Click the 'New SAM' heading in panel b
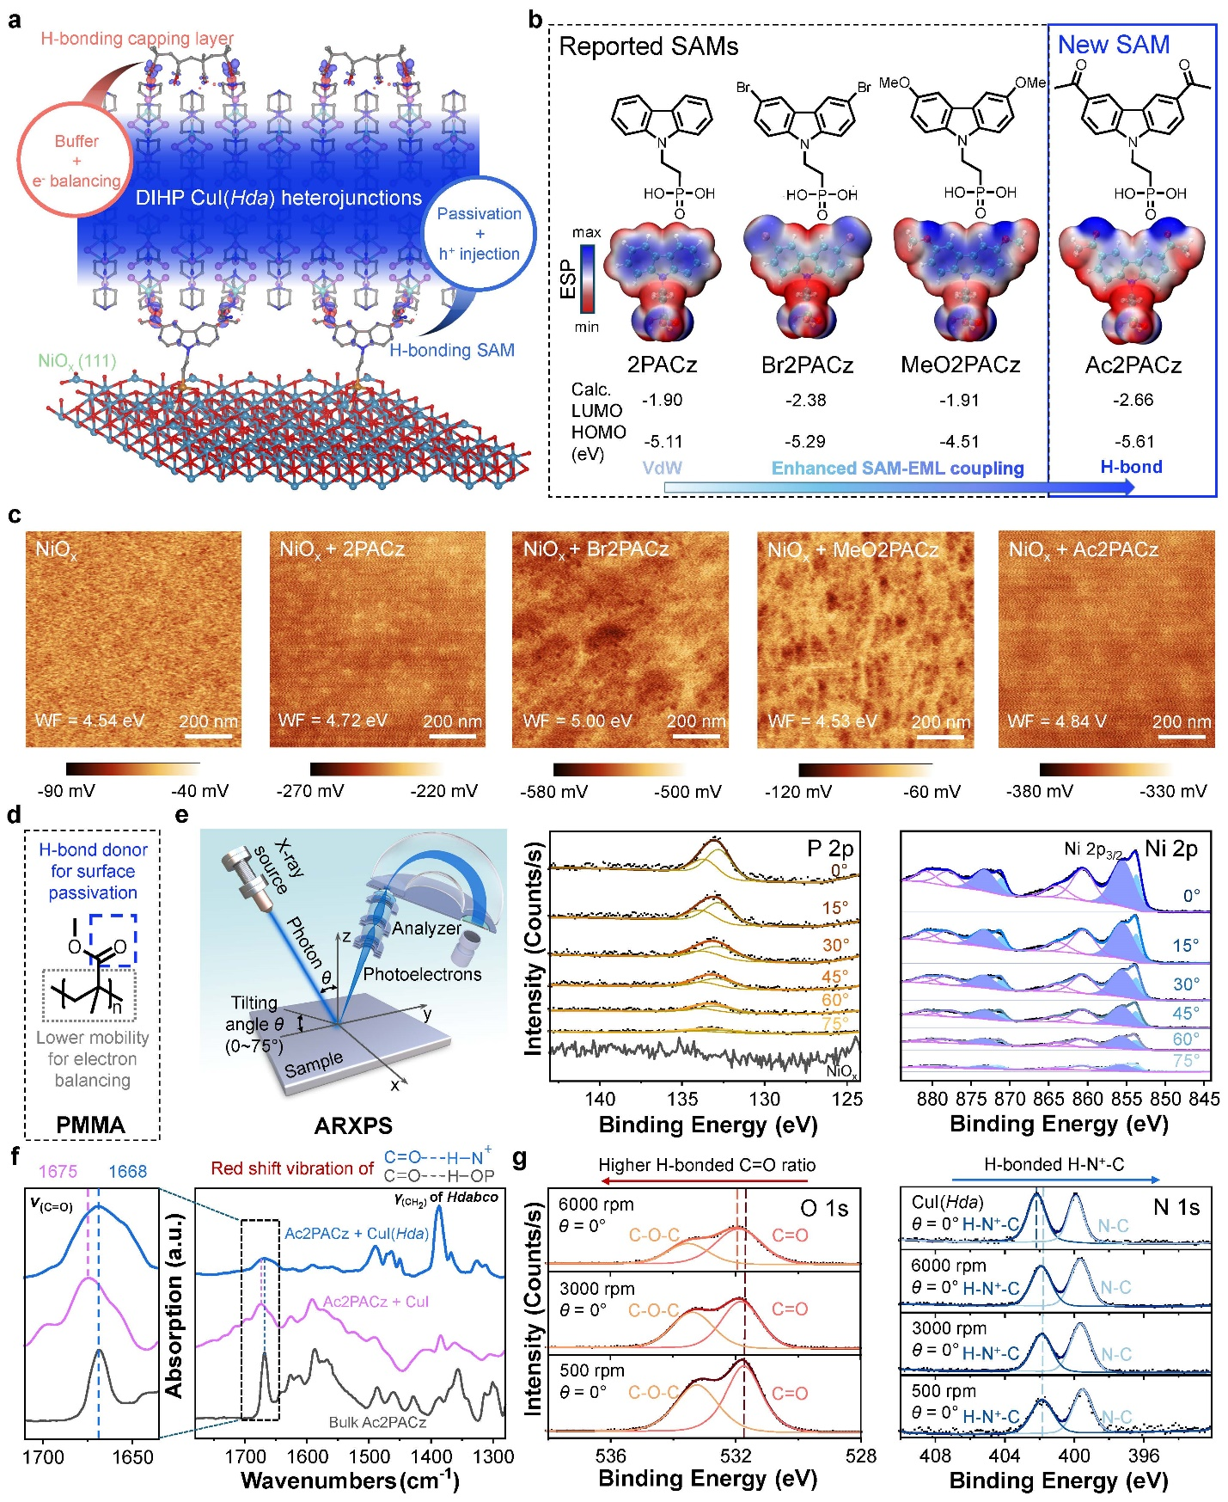1113,45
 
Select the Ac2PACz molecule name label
1133,365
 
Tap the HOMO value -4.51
959,441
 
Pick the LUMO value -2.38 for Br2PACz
805,400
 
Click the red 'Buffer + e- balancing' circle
76,161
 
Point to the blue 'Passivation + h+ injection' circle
479,233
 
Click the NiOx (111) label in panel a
76,361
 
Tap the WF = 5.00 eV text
577,720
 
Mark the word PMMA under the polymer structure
90,1125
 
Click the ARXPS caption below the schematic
353,1125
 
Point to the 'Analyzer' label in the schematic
426,928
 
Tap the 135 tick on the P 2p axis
682,1098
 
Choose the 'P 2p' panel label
830,849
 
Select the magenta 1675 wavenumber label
58,1171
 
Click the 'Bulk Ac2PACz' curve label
377,1422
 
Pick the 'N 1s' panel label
1176,1207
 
